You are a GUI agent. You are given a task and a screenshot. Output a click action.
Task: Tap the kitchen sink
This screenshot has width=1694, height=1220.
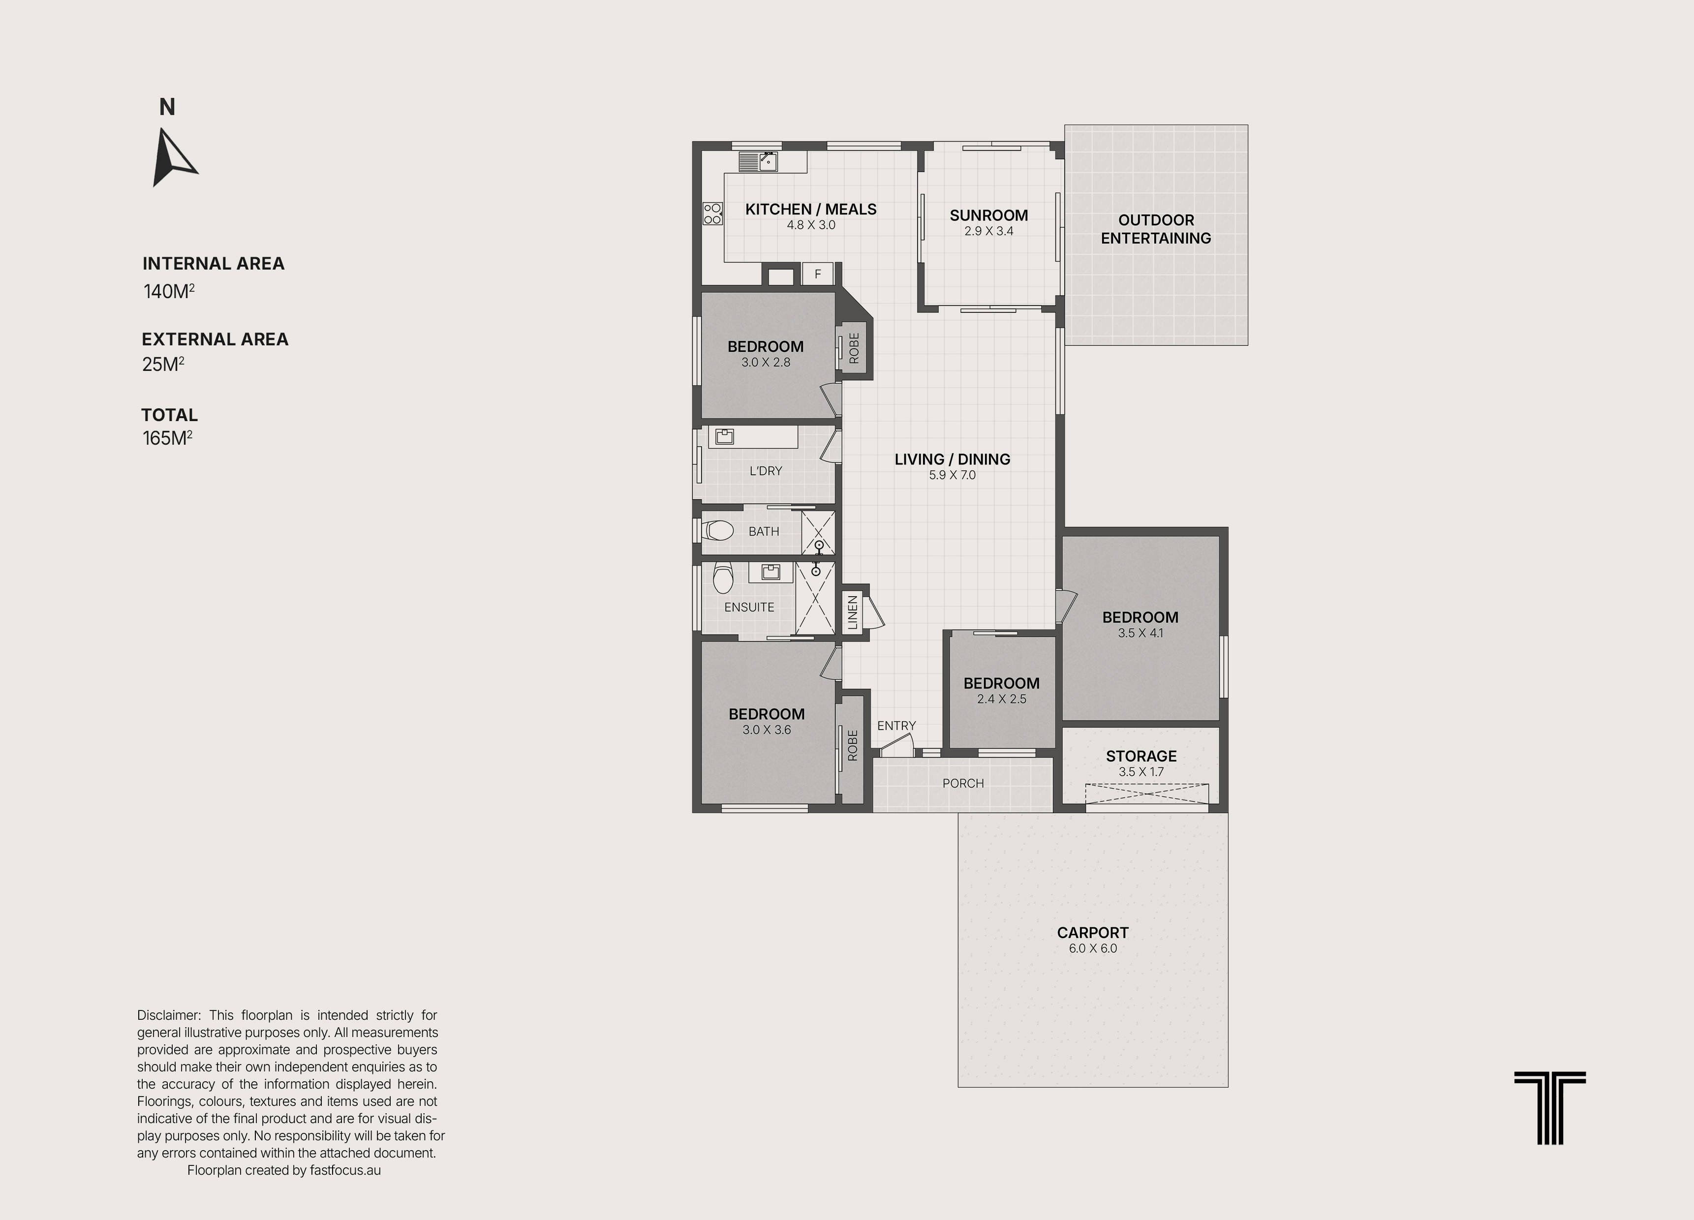(x=758, y=161)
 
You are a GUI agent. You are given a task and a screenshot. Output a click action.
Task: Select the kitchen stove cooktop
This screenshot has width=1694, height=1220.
(x=712, y=213)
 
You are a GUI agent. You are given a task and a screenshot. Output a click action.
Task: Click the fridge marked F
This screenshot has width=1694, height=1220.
(x=818, y=274)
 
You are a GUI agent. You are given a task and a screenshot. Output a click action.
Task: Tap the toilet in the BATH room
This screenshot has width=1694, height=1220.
(x=718, y=530)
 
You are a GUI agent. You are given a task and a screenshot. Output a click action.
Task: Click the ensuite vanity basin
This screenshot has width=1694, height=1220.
(x=771, y=572)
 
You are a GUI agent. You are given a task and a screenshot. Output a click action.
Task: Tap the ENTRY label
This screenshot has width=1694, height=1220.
(x=896, y=726)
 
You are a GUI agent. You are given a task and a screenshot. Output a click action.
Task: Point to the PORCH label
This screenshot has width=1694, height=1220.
(x=963, y=783)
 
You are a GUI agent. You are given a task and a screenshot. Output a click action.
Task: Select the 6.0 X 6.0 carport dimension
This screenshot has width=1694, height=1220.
(x=1093, y=948)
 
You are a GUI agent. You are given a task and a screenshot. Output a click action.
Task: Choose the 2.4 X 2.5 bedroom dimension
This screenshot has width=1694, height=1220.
(x=1002, y=699)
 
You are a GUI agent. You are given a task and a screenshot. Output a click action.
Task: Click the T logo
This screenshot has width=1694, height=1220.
(x=1550, y=1108)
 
